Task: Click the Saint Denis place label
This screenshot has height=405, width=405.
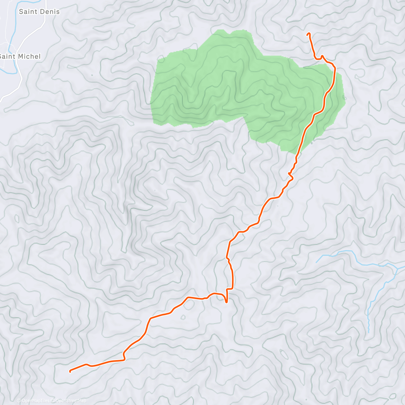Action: (39, 12)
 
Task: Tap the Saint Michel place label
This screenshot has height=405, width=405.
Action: (20, 56)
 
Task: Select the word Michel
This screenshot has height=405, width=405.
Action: (30, 56)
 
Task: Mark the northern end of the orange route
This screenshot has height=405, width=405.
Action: (308, 34)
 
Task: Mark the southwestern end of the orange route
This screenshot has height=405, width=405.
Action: (70, 371)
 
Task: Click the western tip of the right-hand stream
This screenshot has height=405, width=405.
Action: (317, 262)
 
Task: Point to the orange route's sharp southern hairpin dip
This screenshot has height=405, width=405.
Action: (226, 302)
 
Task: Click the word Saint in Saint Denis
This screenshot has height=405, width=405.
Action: (28, 12)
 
